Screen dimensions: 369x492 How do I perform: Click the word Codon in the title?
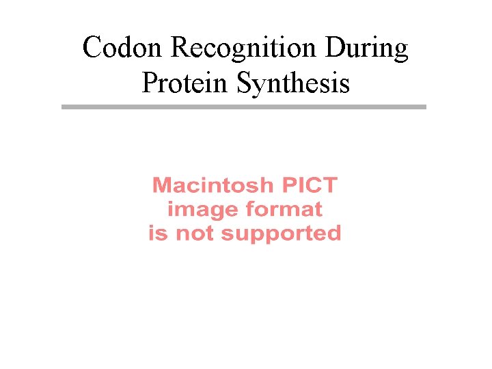(x=123, y=49)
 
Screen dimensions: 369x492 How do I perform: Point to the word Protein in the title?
(x=185, y=83)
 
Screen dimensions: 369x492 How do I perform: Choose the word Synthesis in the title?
(x=293, y=84)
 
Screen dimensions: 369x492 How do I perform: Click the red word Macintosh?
(x=207, y=185)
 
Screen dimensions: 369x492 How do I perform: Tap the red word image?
(x=193, y=209)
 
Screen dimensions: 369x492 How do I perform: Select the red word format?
(x=277, y=209)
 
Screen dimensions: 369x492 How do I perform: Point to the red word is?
(x=158, y=233)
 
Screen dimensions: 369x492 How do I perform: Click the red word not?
(x=194, y=233)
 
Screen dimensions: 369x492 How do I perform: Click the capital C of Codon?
(x=92, y=49)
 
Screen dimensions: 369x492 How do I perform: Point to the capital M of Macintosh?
(x=162, y=185)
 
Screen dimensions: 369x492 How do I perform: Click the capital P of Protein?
(x=150, y=83)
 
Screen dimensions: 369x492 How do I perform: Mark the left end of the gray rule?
(x=63, y=107)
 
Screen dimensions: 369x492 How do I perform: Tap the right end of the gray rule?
(x=424, y=107)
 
